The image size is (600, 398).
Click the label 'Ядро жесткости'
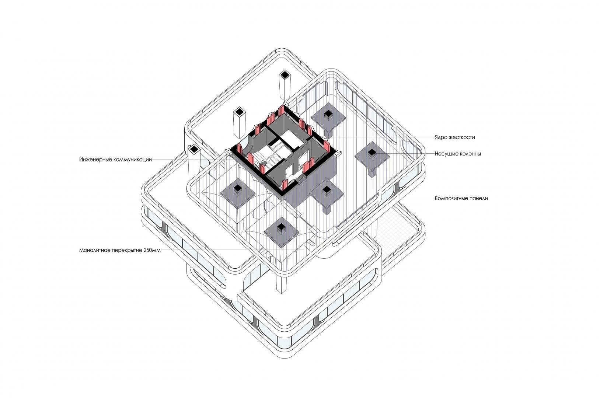point(454,137)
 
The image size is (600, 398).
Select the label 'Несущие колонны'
point(457,154)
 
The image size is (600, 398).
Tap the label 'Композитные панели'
point(461,199)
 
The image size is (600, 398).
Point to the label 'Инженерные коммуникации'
point(115,160)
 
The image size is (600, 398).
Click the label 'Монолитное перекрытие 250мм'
point(120,251)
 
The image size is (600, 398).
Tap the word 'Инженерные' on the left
point(95,160)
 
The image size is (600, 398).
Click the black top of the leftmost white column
point(194,149)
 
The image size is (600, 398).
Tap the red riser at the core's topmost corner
point(282,110)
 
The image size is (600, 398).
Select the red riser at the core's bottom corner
point(285,185)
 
